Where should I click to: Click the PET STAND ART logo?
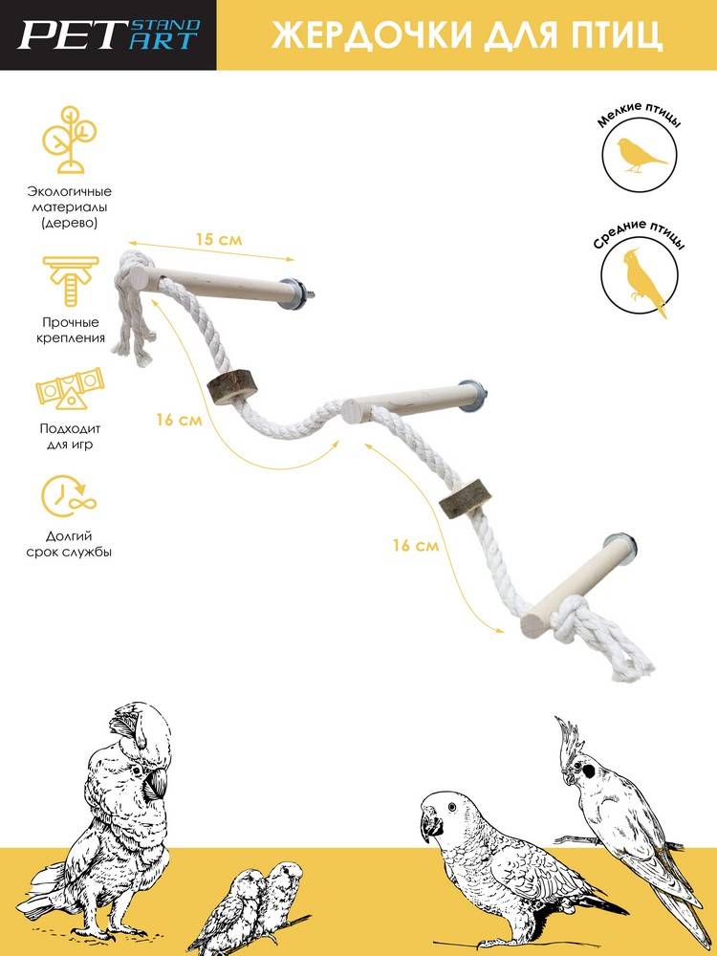[x=109, y=34]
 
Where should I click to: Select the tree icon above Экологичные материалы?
[x=69, y=140]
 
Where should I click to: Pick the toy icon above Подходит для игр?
[x=70, y=388]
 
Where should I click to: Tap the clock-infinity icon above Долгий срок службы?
[x=69, y=494]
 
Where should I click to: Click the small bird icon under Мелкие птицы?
[x=641, y=156]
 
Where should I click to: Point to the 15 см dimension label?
[x=219, y=240]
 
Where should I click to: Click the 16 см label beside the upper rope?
[x=179, y=420]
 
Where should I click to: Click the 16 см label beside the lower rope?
[x=415, y=545]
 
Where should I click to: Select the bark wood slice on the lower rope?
[x=466, y=498]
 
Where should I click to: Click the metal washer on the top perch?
[x=294, y=293]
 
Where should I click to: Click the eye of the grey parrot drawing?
[x=452, y=807]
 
